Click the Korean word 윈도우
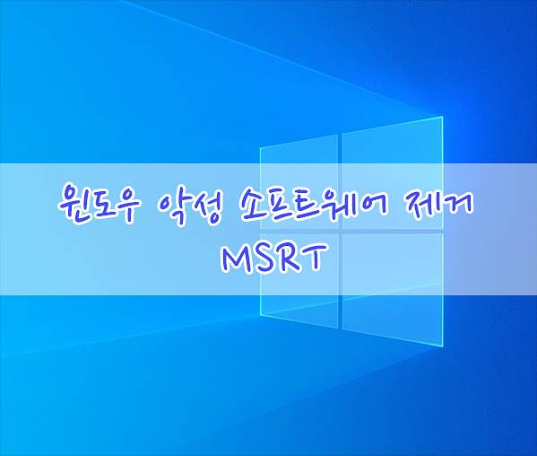pyautogui.click(x=99, y=204)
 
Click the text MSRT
pyautogui.click(x=273, y=257)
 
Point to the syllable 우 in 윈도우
pyautogui.click(x=126, y=205)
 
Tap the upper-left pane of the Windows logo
pyautogui.click(x=299, y=181)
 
